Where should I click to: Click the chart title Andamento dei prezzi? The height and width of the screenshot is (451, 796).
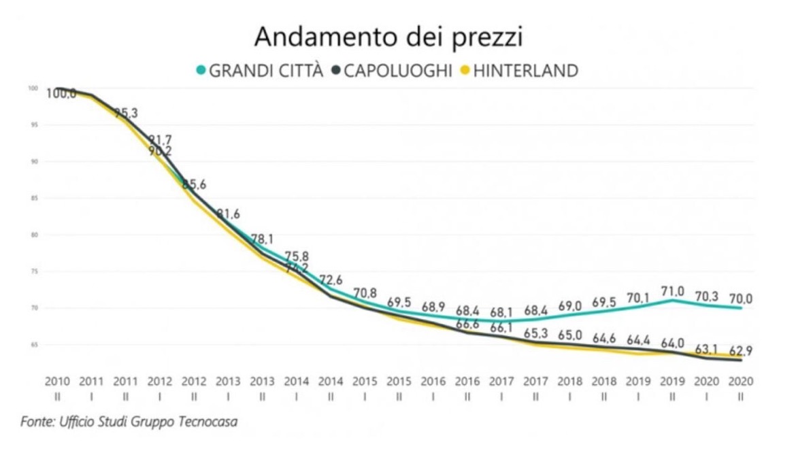388,37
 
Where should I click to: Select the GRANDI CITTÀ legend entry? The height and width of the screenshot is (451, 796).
259,70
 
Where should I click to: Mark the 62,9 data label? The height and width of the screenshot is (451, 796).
741,352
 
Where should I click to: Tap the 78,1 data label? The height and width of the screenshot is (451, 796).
262,240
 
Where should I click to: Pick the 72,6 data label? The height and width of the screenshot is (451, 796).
331,280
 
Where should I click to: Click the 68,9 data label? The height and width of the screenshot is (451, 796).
433,307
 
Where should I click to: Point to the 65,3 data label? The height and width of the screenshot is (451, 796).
536,334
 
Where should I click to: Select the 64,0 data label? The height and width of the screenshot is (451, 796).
672,342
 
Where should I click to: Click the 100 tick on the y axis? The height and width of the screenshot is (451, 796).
32,88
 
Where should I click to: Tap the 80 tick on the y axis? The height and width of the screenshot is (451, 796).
33,235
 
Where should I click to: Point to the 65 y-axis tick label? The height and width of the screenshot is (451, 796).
33,345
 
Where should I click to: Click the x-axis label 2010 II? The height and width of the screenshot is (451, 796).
57,387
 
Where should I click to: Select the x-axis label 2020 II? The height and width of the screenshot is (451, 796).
740,387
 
